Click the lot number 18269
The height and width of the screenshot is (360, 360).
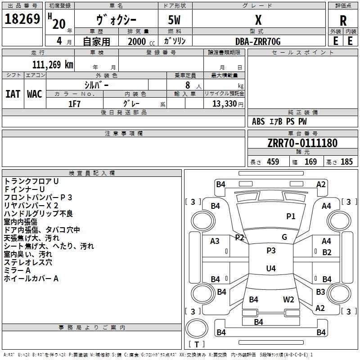point(22,19)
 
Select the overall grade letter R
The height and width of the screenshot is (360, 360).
point(343,21)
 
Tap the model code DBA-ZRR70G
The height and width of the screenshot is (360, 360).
point(258,41)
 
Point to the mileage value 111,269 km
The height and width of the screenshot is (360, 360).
point(53,65)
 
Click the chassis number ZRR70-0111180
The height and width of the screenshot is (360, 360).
point(302,143)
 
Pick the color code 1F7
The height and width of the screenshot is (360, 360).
point(74,103)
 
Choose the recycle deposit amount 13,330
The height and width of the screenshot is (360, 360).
point(224,103)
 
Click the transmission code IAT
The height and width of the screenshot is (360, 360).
point(13,94)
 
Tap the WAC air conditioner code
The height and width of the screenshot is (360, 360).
point(35,94)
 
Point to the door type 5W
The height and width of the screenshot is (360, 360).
point(175,21)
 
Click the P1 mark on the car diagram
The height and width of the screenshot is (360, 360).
point(291,216)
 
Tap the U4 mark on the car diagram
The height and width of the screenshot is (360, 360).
point(271,269)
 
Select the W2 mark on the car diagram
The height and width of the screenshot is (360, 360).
point(288,299)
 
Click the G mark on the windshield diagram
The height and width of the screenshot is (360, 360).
point(284,237)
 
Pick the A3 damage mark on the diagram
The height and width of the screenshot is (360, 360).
point(215,241)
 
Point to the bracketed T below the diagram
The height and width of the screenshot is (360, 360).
point(197,345)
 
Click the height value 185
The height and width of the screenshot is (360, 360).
point(346,162)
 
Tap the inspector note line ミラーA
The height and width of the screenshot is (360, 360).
point(18,270)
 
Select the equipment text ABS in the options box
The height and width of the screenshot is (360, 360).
point(258,121)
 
